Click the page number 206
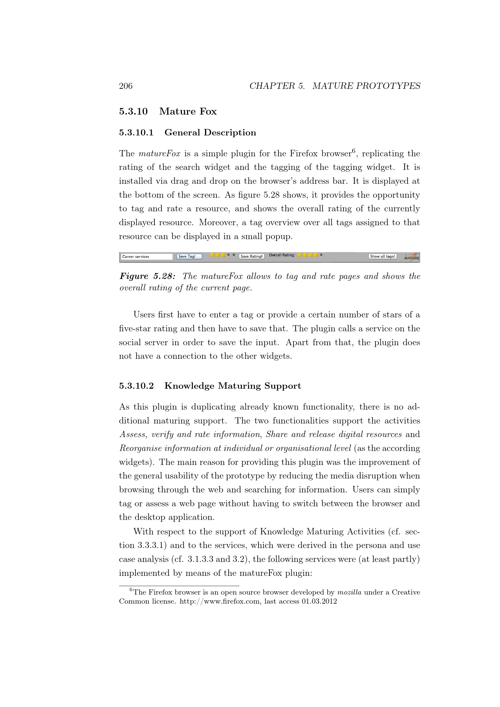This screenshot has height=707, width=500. [126, 86]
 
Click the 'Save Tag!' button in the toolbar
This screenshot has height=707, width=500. [189, 256]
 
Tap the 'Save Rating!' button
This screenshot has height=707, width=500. [252, 256]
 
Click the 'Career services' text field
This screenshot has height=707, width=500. [147, 257]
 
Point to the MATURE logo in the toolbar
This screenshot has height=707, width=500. [412, 257]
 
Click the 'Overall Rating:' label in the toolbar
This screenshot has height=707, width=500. [282, 255]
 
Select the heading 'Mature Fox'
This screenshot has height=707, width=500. [188, 112]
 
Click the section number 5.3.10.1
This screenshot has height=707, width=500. [136, 133]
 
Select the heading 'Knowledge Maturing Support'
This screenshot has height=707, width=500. [232, 386]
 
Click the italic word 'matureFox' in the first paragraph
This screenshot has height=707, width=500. [160, 154]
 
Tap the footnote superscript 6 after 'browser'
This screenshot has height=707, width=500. [354, 151]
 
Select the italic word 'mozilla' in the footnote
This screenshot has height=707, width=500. [349, 592]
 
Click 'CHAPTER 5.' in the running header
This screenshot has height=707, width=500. [277, 86]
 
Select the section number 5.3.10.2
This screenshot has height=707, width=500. [136, 386]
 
